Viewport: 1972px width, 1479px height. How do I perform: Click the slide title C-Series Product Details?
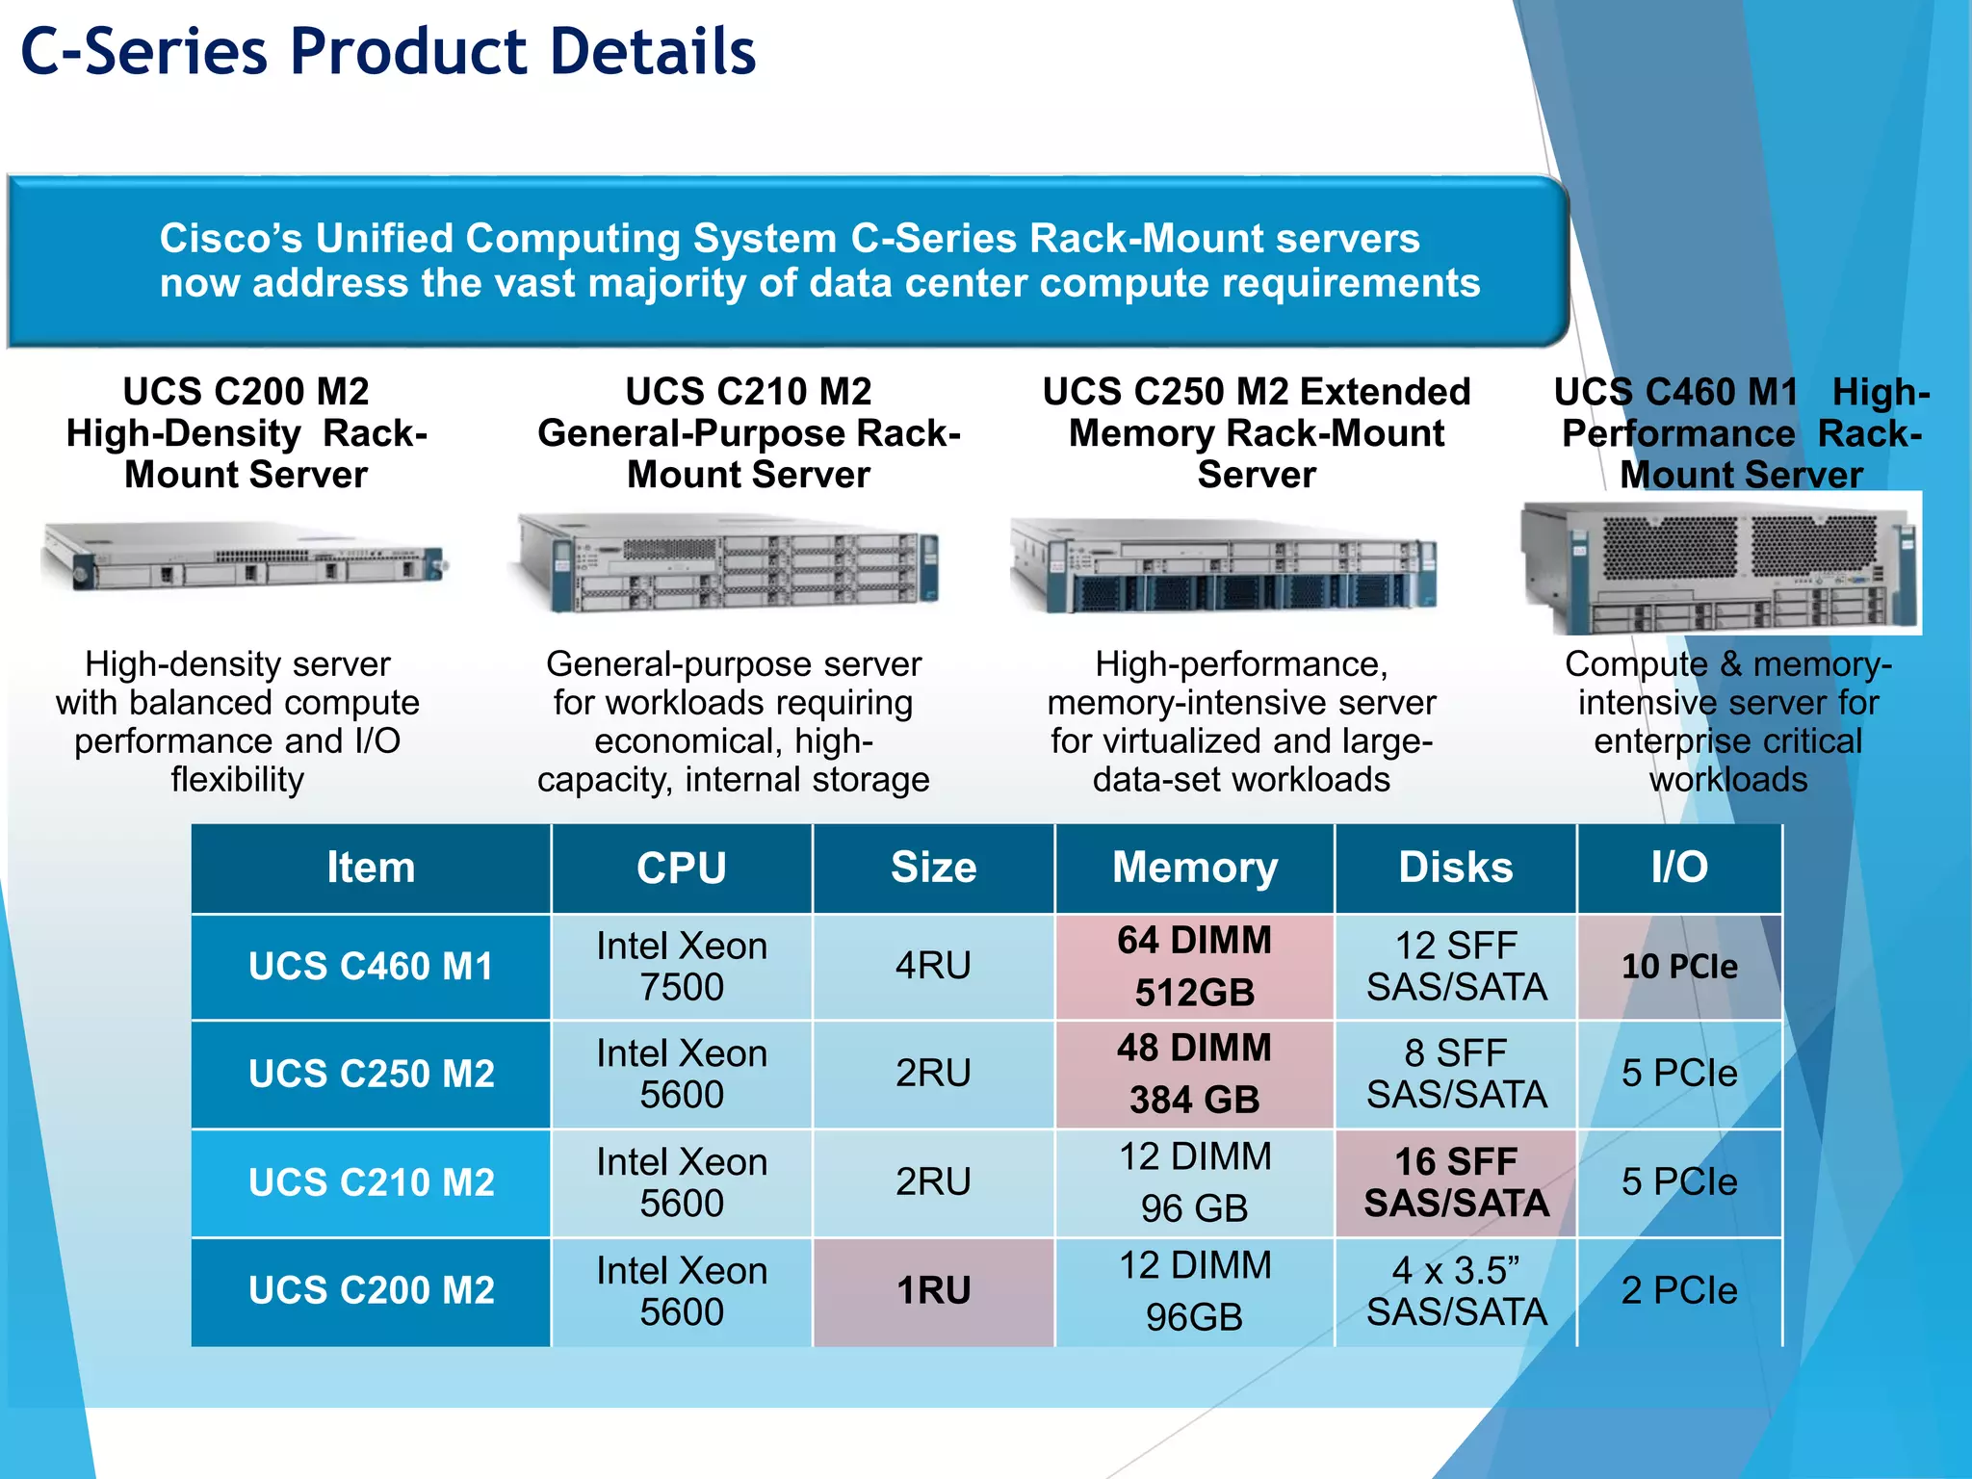click(x=388, y=52)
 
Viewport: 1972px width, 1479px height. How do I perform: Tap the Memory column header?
click(x=1194, y=868)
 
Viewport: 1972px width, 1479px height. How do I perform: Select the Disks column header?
click(x=1455, y=868)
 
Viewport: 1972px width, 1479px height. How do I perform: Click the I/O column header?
click(x=1679, y=868)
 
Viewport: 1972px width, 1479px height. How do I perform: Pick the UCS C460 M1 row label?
click(x=371, y=967)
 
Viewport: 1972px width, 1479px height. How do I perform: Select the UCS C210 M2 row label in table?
click(x=371, y=1182)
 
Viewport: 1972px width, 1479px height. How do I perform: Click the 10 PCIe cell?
click(x=1679, y=967)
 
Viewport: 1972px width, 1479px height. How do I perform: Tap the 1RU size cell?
click(x=933, y=1291)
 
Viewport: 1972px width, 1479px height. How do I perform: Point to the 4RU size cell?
click(x=933, y=966)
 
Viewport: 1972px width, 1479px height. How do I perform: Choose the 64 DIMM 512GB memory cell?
click(x=1194, y=967)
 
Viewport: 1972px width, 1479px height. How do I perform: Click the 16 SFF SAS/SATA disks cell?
click(x=1456, y=1182)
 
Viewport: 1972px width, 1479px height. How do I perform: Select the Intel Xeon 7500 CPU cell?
click(x=682, y=967)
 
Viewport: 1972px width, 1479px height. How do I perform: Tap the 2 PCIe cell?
click(x=1679, y=1291)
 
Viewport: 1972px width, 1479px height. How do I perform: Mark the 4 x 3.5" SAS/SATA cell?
click(x=1456, y=1291)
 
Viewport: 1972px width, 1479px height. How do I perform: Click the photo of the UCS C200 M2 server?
click(x=246, y=556)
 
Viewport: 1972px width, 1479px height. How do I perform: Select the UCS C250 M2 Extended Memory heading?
click(x=1257, y=433)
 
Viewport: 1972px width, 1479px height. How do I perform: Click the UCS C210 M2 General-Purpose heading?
click(x=748, y=433)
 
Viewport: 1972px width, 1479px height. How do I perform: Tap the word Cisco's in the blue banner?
click(x=231, y=239)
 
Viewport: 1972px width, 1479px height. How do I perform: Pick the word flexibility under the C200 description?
click(x=238, y=780)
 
